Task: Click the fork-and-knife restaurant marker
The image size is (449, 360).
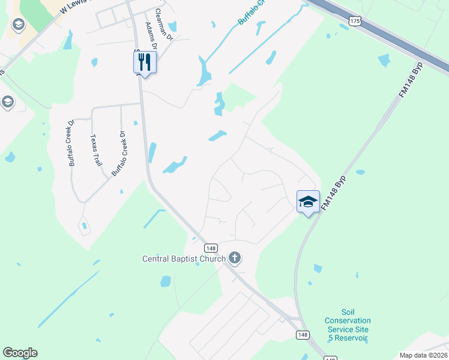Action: tap(145, 62)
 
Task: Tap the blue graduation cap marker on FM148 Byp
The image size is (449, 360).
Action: tap(308, 201)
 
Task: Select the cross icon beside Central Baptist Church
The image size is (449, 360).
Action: tap(234, 259)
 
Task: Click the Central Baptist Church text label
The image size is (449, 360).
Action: tap(183, 259)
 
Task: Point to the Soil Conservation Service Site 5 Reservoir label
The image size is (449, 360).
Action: tap(348, 325)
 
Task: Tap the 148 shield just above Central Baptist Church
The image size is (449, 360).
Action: tap(210, 248)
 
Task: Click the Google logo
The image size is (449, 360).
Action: tap(20, 353)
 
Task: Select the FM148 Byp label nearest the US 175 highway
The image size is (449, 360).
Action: tap(411, 79)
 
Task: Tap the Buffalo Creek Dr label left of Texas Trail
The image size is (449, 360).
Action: tap(71, 143)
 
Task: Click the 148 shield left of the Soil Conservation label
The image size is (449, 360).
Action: tap(302, 334)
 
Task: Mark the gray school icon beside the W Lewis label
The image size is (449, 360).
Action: tap(18, 25)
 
